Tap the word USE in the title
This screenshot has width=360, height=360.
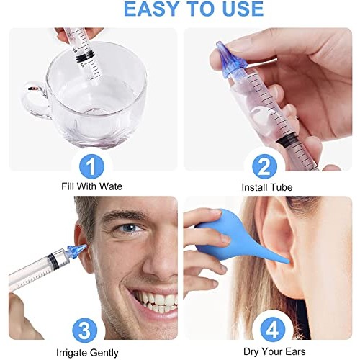[238, 9]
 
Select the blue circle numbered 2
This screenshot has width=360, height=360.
[265, 168]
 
